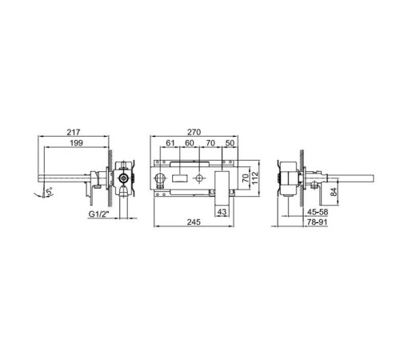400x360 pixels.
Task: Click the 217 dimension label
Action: (74, 132)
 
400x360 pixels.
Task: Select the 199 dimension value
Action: (77, 143)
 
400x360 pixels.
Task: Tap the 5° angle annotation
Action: (49, 192)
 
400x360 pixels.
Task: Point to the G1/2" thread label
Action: (98, 214)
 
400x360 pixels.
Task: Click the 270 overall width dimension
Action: (194, 132)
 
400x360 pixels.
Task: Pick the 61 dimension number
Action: (170, 143)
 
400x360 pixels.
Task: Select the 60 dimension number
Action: (190, 143)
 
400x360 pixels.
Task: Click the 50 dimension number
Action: (230, 143)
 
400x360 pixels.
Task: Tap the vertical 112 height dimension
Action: (255, 178)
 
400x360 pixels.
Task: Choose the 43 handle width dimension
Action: (222, 212)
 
